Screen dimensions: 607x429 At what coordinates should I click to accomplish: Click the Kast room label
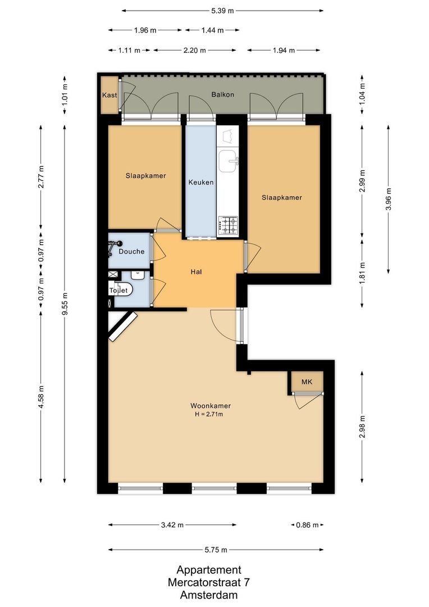pyautogui.click(x=109, y=95)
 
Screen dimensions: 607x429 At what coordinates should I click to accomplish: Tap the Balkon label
pyautogui.click(x=222, y=95)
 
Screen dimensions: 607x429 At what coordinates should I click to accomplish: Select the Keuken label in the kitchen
pyautogui.click(x=200, y=183)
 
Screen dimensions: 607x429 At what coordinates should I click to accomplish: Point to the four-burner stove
pyautogui.click(x=228, y=225)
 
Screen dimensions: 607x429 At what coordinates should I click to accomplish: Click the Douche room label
pyautogui.click(x=131, y=252)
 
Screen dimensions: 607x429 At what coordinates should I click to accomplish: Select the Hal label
pyautogui.click(x=196, y=272)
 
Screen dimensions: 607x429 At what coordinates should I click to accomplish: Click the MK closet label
pyautogui.click(x=307, y=382)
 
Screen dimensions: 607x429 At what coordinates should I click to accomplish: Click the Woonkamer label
pyautogui.click(x=210, y=406)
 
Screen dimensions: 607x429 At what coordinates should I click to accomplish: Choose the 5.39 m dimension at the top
pyautogui.click(x=222, y=10)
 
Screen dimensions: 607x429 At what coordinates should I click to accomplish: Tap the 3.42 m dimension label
pyautogui.click(x=172, y=525)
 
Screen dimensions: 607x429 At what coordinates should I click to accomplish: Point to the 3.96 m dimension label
pyautogui.click(x=389, y=199)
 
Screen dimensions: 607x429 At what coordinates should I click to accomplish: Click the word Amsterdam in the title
pyautogui.click(x=209, y=595)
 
